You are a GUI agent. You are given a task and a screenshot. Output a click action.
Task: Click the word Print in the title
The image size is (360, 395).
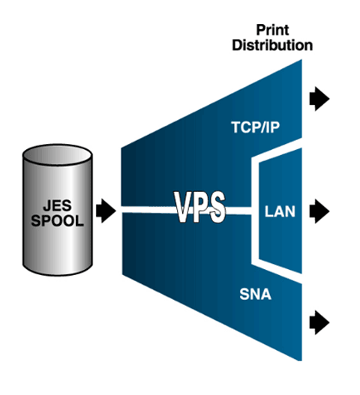(272, 30)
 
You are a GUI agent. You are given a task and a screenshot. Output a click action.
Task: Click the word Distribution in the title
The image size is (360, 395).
(272, 45)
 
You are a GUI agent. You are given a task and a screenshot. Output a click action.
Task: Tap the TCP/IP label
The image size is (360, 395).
(256, 127)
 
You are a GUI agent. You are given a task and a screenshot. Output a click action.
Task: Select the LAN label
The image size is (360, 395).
(280, 211)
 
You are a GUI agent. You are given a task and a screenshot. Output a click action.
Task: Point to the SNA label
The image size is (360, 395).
(256, 294)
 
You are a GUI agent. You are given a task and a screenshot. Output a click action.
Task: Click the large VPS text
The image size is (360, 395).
(199, 207)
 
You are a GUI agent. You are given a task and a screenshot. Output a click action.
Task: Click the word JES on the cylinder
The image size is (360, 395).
(57, 205)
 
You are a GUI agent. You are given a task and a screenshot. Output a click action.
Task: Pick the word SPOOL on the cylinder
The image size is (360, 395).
(57, 220)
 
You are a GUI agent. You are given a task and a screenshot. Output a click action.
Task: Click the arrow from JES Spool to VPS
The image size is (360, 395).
(106, 211)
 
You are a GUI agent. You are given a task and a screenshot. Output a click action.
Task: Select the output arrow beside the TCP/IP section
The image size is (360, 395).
(319, 99)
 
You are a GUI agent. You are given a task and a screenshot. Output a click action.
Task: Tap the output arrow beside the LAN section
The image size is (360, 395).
(319, 211)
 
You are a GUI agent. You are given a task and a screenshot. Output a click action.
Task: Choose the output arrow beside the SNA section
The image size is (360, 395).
(319, 322)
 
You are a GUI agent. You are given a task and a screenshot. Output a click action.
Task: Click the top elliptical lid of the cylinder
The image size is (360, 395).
(57, 155)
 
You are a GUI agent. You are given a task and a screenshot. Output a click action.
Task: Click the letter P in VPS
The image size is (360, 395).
(201, 207)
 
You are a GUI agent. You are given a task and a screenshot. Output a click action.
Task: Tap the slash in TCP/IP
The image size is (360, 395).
(264, 127)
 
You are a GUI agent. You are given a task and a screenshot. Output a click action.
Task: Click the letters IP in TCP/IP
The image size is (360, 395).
(274, 127)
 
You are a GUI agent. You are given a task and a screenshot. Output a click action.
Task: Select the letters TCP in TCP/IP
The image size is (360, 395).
(246, 127)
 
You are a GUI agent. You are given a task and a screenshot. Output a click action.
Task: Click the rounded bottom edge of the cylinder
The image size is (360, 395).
(57, 274)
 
